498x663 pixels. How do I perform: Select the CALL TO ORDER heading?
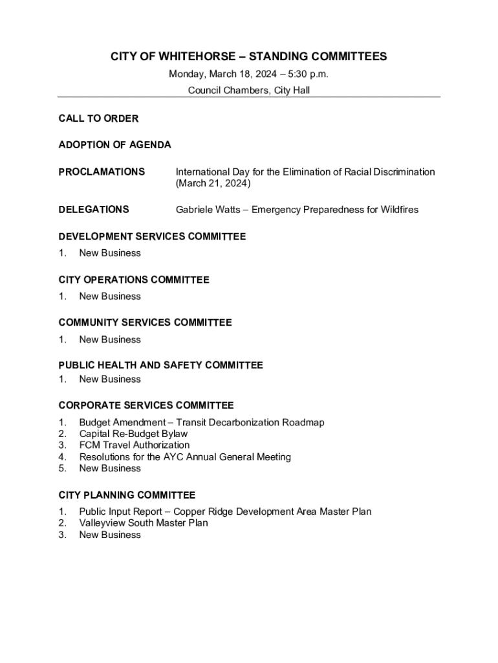(98, 119)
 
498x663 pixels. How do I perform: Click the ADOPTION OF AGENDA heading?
(114, 145)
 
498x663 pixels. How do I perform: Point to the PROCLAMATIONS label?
(102, 172)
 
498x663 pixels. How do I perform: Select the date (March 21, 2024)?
(213, 184)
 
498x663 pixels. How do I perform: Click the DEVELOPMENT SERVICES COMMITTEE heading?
(152, 237)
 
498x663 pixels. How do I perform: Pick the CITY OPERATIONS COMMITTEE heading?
(134, 280)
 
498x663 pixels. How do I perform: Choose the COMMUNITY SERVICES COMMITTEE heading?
(145, 322)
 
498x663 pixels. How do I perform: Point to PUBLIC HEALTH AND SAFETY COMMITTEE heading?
(160, 365)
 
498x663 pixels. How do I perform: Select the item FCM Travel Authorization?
(135, 445)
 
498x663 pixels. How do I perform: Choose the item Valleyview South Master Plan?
(144, 523)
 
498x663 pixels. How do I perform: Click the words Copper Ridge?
(203, 511)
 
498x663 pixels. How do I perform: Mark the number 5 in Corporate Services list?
(62, 468)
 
